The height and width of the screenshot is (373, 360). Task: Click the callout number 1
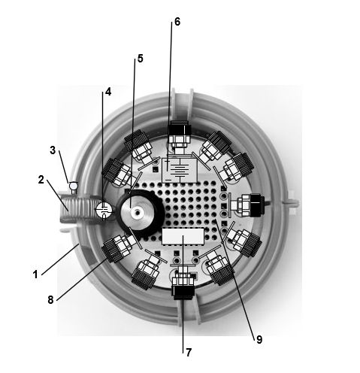point(35,274)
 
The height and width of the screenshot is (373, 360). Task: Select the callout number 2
point(41,180)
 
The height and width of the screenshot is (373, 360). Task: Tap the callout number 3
point(53,150)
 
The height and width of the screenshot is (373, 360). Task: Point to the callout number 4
point(108,92)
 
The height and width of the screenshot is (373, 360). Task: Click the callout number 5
point(140,59)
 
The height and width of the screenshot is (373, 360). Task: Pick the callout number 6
point(177,22)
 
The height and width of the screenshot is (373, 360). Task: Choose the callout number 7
point(189,352)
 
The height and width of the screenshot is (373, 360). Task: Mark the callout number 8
point(50,299)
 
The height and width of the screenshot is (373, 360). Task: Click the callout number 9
point(259,339)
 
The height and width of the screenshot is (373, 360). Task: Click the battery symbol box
point(180,171)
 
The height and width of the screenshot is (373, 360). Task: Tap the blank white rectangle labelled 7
point(183,236)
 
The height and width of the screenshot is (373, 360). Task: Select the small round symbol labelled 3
point(74,186)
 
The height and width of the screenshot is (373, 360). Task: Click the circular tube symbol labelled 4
point(104,210)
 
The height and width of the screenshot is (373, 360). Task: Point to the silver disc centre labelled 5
point(137,213)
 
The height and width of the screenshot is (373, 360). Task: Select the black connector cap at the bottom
point(183,293)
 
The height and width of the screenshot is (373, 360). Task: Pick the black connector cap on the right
point(257,205)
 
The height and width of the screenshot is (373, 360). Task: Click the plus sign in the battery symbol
point(167,161)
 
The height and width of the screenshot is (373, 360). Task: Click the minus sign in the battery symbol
point(168,180)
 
